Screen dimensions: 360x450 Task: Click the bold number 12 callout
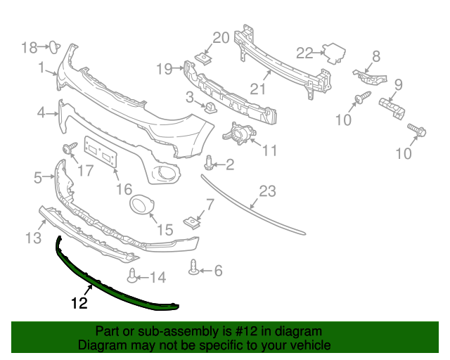(79, 304)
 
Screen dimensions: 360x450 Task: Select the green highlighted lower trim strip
(112, 284)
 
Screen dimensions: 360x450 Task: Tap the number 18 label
(29, 47)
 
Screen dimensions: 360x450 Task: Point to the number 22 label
(304, 52)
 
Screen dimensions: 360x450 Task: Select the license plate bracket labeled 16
(100, 152)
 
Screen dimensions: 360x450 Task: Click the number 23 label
(268, 191)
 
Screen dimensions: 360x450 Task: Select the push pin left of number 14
(131, 275)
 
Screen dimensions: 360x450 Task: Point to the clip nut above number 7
(191, 223)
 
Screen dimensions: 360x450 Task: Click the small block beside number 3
(209, 108)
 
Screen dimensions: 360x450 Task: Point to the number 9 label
(397, 85)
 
